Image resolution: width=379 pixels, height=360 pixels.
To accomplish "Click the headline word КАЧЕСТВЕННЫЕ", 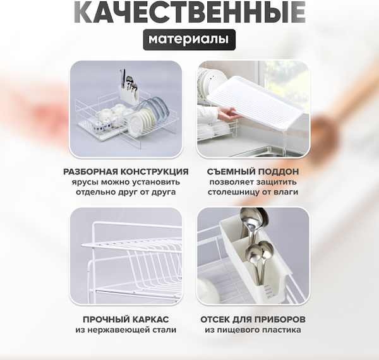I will [x=189, y=12].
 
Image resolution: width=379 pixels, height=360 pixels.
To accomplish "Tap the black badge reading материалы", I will [x=189, y=39].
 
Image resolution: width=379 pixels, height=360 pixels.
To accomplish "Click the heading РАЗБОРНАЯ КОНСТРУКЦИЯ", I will [x=126, y=171].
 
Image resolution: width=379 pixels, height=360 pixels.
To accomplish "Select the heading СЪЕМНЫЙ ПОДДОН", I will [x=253, y=171].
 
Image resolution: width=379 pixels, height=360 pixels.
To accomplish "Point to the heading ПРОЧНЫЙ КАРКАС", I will [x=126, y=319].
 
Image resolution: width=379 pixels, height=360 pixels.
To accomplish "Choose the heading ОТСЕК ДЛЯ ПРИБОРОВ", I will [x=253, y=319].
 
